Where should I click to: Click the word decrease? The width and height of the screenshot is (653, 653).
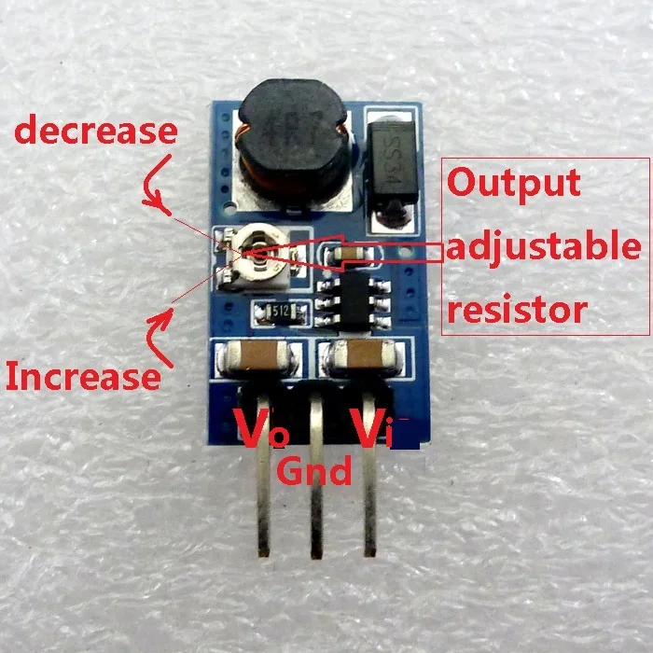pyautogui.click(x=96, y=130)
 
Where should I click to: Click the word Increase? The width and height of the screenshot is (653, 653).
pyautogui.click(x=83, y=376)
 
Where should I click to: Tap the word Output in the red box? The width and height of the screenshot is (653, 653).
pyautogui.click(x=514, y=183)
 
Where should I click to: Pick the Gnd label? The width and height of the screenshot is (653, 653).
pyautogui.click(x=314, y=471)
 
